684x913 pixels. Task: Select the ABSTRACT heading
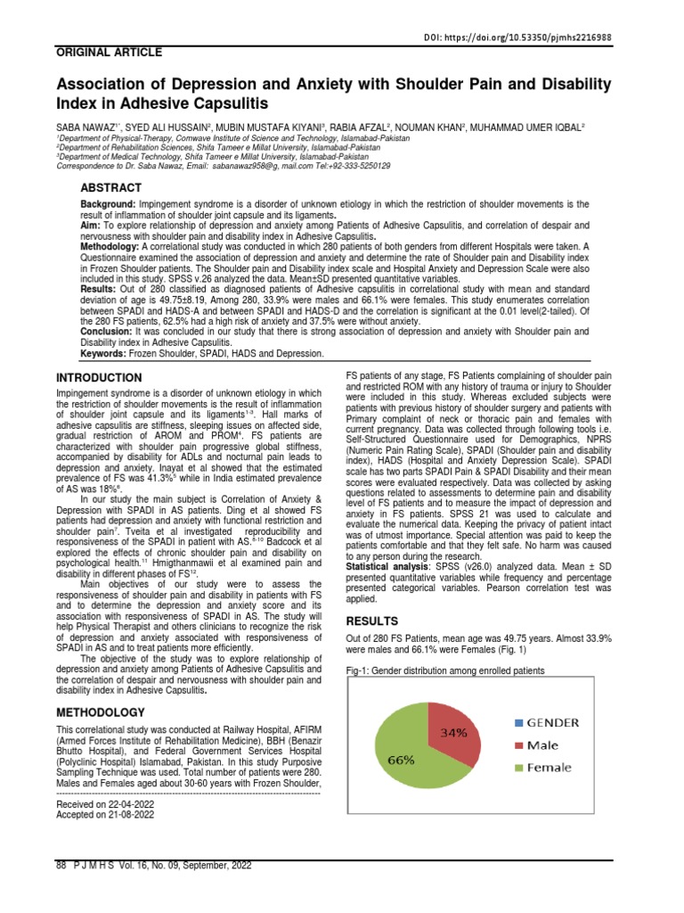coord(111,187)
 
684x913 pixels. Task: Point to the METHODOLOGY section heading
coord(100,712)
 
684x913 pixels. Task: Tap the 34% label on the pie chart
coord(452,734)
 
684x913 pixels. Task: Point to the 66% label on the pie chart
coord(402,760)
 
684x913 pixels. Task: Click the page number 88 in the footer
coord(61,866)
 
